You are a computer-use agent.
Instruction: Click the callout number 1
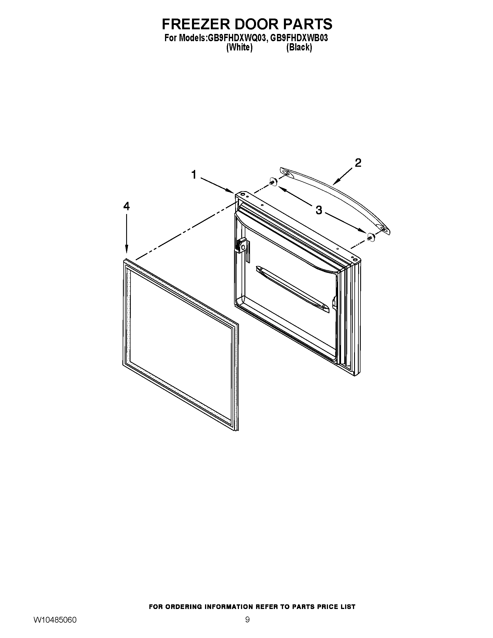[194, 175]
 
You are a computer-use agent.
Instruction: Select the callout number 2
[358, 163]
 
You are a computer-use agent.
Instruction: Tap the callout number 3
[319, 210]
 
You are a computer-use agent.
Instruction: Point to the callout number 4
[126, 206]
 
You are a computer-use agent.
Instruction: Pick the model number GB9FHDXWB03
[299, 38]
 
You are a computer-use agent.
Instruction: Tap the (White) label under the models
[239, 47]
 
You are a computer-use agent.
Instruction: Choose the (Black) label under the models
[299, 47]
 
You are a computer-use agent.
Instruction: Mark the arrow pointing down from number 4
[126, 233]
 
